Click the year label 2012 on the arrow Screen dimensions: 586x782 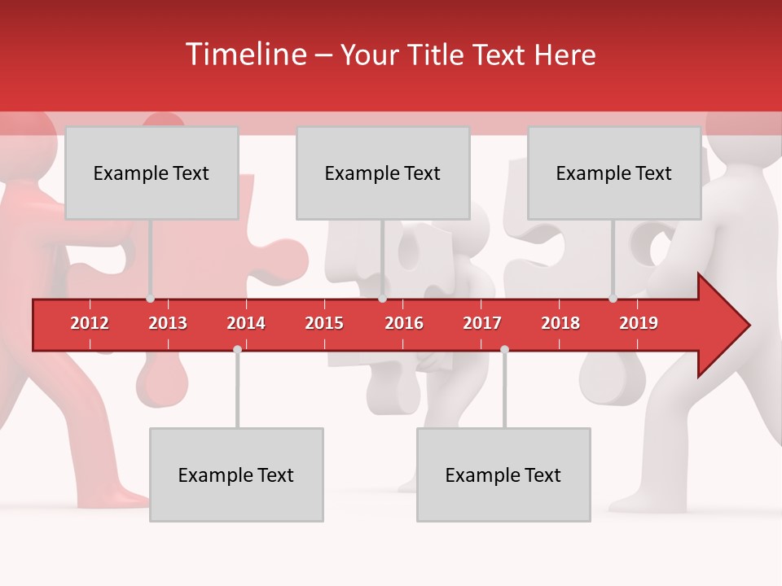pyautogui.click(x=90, y=323)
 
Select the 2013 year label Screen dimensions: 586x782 pyautogui.click(x=168, y=323)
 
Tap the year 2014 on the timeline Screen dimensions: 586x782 pyautogui.click(x=246, y=323)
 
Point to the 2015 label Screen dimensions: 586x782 pyautogui.click(x=324, y=323)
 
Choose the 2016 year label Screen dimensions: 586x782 pyautogui.click(x=404, y=323)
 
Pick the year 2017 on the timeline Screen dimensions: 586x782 pyautogui.click(x=482, y=323)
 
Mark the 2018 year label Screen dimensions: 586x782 pyautogui.click(x=560, y=323)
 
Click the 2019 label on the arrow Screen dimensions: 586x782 pyautogui.click(x=639, y=323)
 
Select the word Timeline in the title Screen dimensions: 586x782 pyautogui.click(x=245, y=55)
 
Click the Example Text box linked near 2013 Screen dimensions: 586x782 pyautogui.click(x=152, y=173)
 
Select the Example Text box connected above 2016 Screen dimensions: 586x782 pyautogui.click(x=383, y=173)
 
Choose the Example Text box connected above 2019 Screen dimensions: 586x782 pyautogui.click(x=614, y=173)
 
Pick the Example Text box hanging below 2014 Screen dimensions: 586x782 pyautogui.click(x=236, y=475)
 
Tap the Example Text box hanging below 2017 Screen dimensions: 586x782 pyautogui.click(x=503, y=475)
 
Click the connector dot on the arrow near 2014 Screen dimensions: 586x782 pyautogui.click(x=237, y=349)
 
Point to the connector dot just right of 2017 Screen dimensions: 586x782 pyautogui.click(x=504, y=349)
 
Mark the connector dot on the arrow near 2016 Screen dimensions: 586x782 pyautogui.click(x=382, y=299)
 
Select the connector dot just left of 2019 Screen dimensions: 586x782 pyautogui.click(x=613, y=299)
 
